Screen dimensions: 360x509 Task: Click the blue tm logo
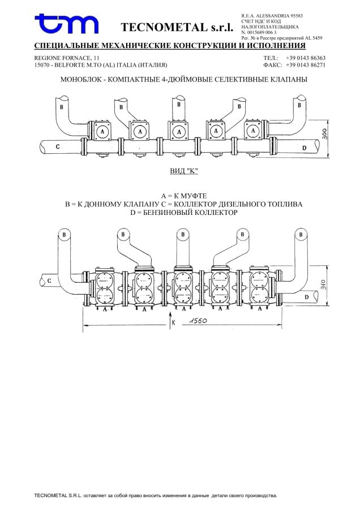click(66, 24)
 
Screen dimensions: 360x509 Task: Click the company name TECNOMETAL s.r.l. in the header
click(177, 27)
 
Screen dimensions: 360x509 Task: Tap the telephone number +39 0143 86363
click(306, 58)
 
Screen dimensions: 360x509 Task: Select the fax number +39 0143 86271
click(306, 65)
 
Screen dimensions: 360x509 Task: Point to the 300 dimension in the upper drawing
click(324, 133)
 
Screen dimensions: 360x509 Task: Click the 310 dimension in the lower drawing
click(323, 284)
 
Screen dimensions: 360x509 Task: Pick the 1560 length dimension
click(198, 321)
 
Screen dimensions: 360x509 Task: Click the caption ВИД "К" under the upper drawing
click(184, 171)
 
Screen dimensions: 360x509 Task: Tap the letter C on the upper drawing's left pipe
click(58, 146)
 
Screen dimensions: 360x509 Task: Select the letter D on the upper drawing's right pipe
click(304, 148)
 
